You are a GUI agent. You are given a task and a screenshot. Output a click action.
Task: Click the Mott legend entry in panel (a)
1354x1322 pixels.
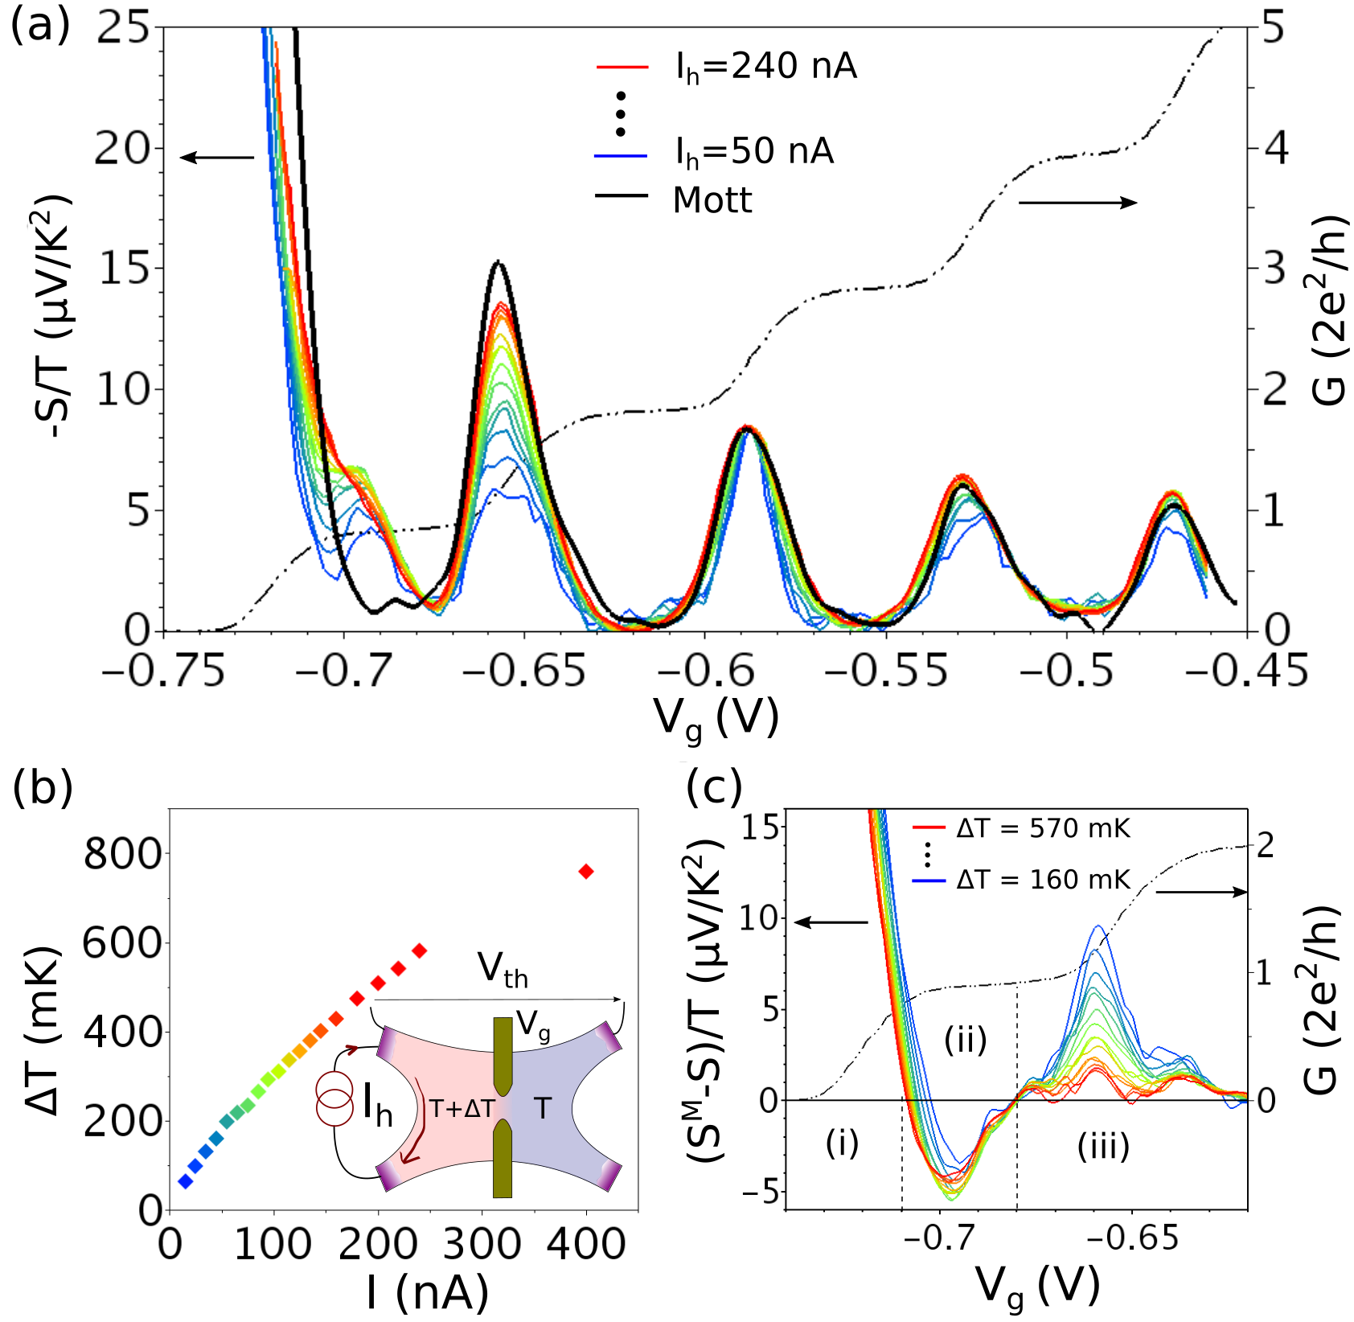point(712,199)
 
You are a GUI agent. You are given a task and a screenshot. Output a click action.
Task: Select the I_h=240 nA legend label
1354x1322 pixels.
point(765,67)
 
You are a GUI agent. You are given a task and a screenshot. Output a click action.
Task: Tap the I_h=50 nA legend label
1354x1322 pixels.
point(753,152)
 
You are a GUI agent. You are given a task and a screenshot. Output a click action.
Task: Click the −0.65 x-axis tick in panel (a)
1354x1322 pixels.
point(524,671)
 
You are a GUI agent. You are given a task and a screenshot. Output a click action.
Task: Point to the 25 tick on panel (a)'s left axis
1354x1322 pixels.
point(123,28)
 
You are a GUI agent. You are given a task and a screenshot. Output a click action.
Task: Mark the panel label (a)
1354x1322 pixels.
point(39,27)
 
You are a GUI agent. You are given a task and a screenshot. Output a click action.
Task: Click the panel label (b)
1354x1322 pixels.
point(43,789)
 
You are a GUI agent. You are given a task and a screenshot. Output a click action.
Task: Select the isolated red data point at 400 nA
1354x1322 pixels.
point(586,872)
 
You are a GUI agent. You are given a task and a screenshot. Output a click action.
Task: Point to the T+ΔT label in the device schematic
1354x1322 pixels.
point(462,1109)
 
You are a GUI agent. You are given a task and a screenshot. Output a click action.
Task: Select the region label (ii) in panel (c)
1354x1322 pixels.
point(965,1040)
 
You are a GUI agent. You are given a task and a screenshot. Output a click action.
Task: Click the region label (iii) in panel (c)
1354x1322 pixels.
point(1103,1146)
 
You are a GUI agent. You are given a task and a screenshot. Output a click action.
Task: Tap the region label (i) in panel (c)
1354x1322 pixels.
point(842,1143)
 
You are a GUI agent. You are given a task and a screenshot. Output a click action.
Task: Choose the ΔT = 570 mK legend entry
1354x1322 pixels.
point(1043,828)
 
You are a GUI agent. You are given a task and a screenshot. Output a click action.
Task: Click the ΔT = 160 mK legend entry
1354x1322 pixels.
point(1043,880)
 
